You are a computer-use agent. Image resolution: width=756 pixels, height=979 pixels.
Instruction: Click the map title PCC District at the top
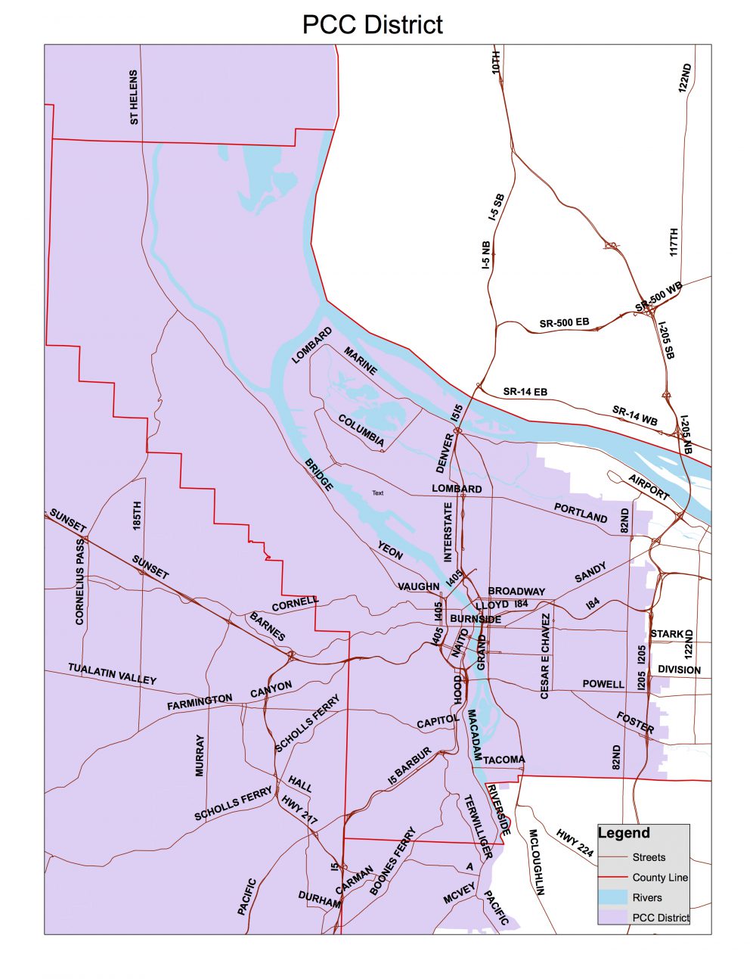[372, 24]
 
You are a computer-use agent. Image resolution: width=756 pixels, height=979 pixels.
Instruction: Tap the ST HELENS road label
[134, 98]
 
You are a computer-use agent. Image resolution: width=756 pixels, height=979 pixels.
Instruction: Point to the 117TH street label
[674, 242]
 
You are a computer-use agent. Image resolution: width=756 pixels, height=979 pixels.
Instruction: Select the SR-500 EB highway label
[564, 323]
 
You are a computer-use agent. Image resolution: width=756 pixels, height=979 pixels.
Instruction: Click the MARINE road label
[361, 362]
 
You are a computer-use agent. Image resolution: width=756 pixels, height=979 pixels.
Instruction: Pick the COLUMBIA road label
[361, 430]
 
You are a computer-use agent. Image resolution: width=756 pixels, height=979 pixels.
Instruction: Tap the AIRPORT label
[649, 487]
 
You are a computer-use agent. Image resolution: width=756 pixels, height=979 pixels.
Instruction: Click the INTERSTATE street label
[448, 533]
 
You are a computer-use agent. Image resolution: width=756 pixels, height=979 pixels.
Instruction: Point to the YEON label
[390, 550]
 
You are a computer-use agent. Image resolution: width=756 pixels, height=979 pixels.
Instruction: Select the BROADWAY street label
[516, 592]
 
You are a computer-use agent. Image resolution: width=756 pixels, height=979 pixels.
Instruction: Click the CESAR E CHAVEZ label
[545, 656]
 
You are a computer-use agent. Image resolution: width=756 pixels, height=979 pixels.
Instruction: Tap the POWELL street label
[603, 684]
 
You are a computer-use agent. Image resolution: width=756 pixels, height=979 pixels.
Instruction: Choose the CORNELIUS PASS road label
[80, 581]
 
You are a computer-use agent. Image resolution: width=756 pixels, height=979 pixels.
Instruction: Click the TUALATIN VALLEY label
[112, 673]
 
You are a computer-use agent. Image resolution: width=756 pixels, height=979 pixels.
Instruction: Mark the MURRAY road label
[200, 755]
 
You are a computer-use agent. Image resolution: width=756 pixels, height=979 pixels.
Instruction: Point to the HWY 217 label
[299, 809]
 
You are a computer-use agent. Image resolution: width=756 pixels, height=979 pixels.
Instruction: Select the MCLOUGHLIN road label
[536, 862]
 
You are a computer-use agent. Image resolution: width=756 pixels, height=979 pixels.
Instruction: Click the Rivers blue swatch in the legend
[613, 897]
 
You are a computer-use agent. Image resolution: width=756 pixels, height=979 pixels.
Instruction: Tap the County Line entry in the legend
[659, 878]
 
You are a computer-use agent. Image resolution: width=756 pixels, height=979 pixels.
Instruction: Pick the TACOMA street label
[503, 760]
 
